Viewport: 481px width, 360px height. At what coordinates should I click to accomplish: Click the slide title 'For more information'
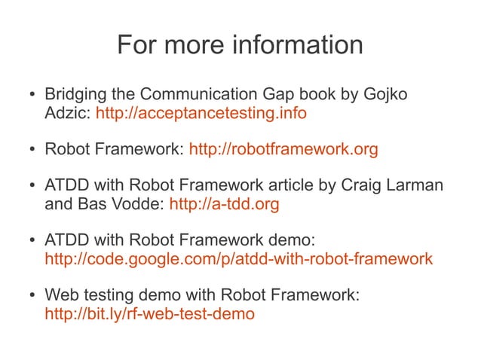pyautogui.click(x=240, y=45)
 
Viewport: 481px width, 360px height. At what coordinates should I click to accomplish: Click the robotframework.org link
pyautogui.click(x=283, y=149)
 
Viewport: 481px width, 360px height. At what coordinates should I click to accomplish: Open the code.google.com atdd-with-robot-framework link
pyautogui.click(x=239, y=259)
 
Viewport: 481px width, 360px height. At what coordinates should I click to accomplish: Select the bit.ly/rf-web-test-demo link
pyautogui.click(x=150, y=314)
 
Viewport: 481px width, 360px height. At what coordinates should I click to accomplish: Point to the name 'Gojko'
pyautogui.click(x=391, y=96)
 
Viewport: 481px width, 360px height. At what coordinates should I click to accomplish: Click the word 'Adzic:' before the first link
pyautogui.click(x=68, y=114)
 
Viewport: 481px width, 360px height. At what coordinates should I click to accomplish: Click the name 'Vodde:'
pyautogui.click(x=141, y=204)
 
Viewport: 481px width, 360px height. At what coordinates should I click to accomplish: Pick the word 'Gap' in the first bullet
pyautogui.click(x=295, y=96)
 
